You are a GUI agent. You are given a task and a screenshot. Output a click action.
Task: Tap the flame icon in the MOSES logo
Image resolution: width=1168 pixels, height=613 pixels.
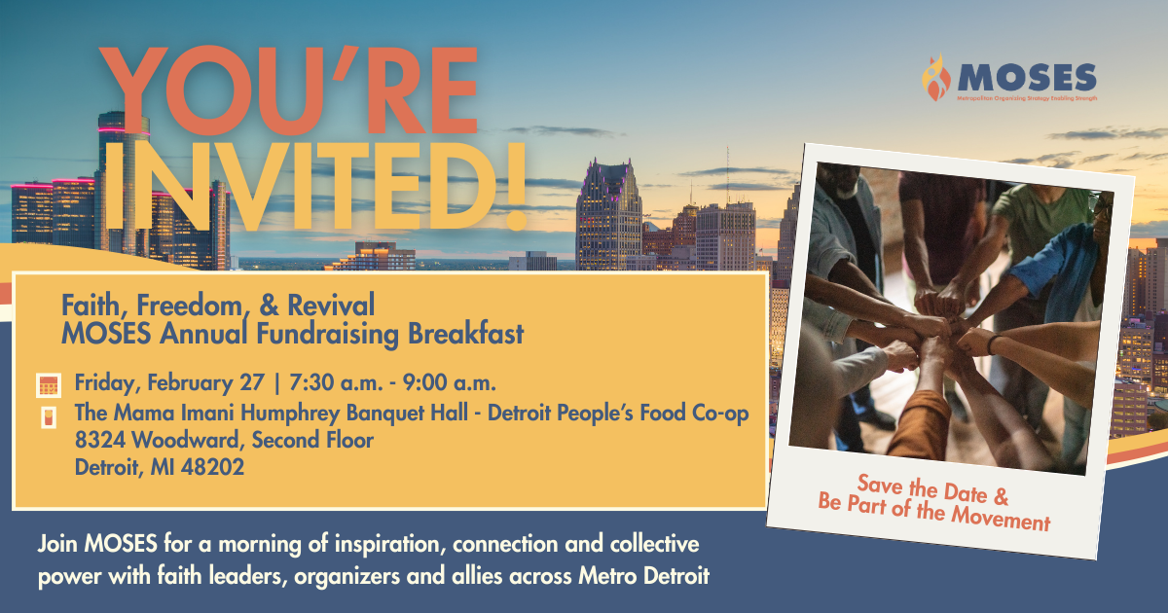(934, 78)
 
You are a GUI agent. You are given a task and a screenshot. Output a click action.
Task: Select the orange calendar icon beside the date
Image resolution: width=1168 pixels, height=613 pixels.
(49, 384)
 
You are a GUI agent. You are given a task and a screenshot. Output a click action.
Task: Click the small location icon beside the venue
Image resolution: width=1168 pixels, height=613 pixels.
(48, 417)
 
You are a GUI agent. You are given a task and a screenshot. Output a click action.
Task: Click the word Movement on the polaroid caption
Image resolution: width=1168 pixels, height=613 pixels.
(1004, 521)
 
